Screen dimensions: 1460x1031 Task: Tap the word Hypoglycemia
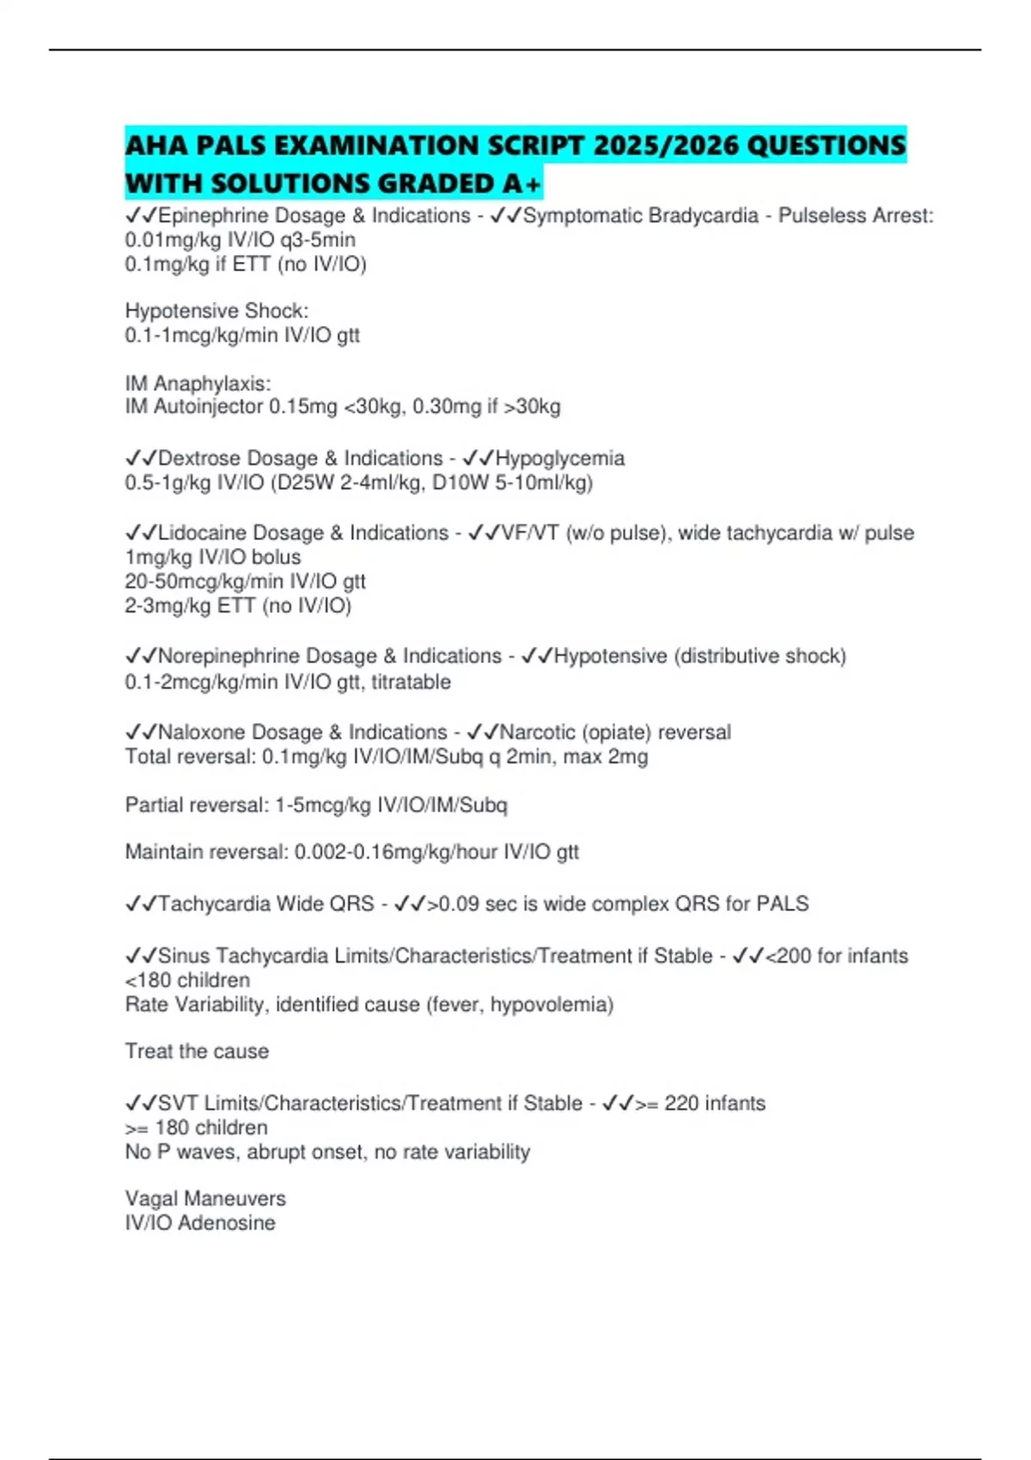click(x=559, y=459)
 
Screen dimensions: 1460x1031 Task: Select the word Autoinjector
click(x=209, y=406)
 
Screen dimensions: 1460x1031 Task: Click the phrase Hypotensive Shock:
click(x=217, y=311)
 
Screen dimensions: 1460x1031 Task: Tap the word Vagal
click(x=152, y=1199)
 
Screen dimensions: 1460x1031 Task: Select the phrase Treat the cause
click(x=197, y=1051)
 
